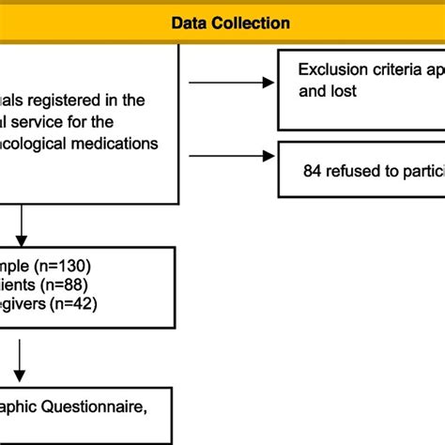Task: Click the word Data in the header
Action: [x=189, y=23]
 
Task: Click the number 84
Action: [x=314, y=172]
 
